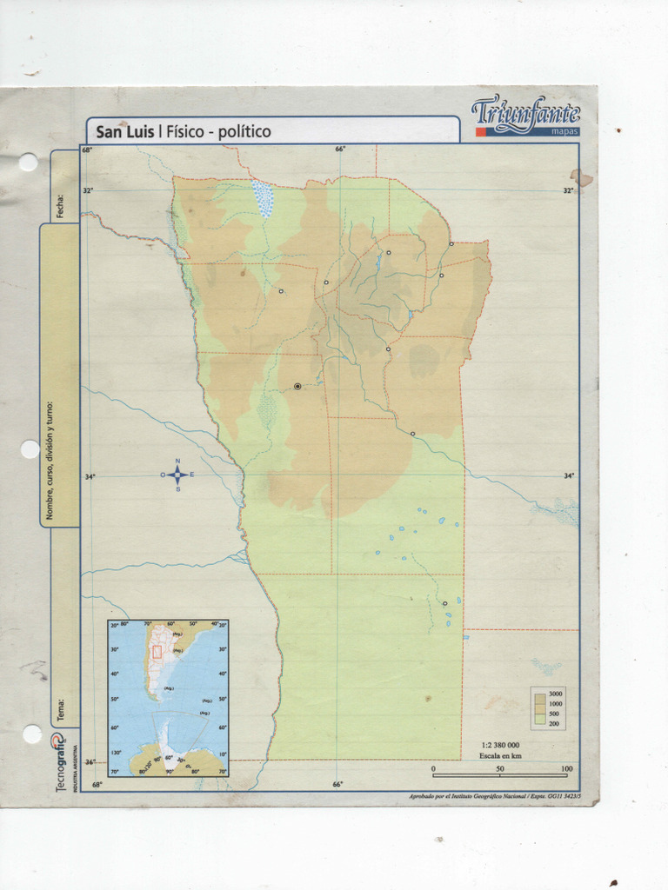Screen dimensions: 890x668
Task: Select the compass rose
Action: point(177,475)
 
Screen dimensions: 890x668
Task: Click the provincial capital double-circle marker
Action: point(297,386)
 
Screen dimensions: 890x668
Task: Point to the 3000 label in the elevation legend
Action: point(556,694)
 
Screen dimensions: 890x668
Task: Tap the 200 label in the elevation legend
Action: point(555,722)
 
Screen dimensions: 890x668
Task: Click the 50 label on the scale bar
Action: point(500,768)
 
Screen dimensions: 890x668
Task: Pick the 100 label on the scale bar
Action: point(566,768)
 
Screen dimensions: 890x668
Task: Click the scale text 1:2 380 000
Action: point(500,745)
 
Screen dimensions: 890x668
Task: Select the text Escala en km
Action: point(499,755)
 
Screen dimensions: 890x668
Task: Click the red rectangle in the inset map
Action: point(157,653)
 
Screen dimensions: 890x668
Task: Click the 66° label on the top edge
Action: point(340,149)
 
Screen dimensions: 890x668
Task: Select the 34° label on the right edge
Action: point(568,475)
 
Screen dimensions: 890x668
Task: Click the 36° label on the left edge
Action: point(89,762)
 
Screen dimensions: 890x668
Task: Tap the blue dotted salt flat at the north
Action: point(263,199)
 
